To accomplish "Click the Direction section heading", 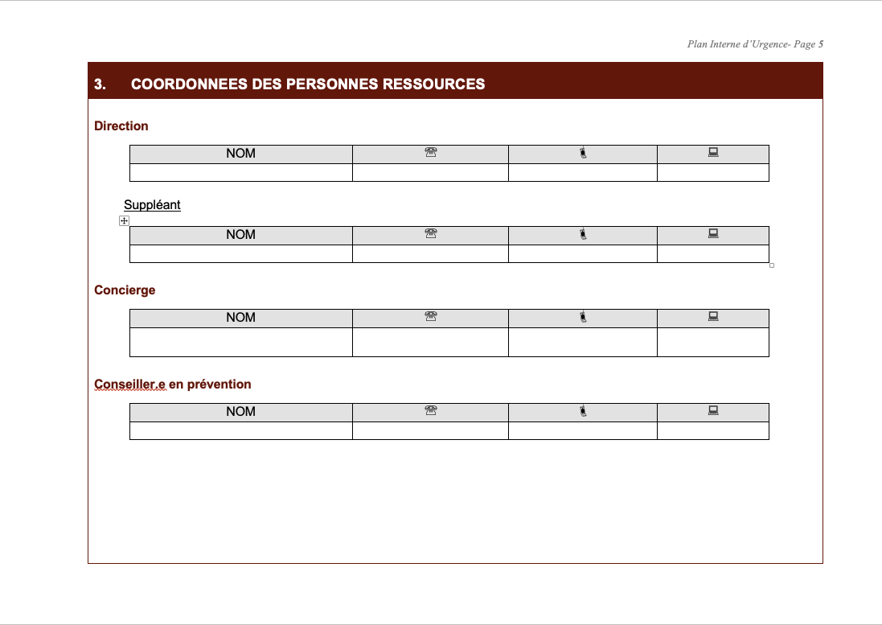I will (x=121, y=126).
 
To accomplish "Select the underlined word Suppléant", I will (x=152, y=205).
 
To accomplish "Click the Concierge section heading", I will (x=125, y=290).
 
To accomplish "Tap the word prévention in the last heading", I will (x=219, y=384).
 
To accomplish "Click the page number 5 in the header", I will (x=821, y=44).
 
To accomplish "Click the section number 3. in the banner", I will (x=101, y=84).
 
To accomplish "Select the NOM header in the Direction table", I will (x=240, y=154).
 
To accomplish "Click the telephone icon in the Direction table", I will (x=430, y=153).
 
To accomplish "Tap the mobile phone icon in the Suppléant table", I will (x=583, y=234).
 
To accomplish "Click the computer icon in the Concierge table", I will (x=713, y=317).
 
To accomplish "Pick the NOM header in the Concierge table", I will (x=240, y=318).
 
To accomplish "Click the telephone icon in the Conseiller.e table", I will (x=430, y=411).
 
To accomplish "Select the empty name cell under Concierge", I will (x=240, y=342).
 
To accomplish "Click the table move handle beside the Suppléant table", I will (x=124, y=220).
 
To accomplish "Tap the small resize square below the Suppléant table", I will (x=772, y=265).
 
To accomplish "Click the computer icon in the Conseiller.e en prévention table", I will (x=713, y=411).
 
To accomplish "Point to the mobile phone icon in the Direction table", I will (x=583, y=153).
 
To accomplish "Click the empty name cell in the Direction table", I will (x=240, y=172).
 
